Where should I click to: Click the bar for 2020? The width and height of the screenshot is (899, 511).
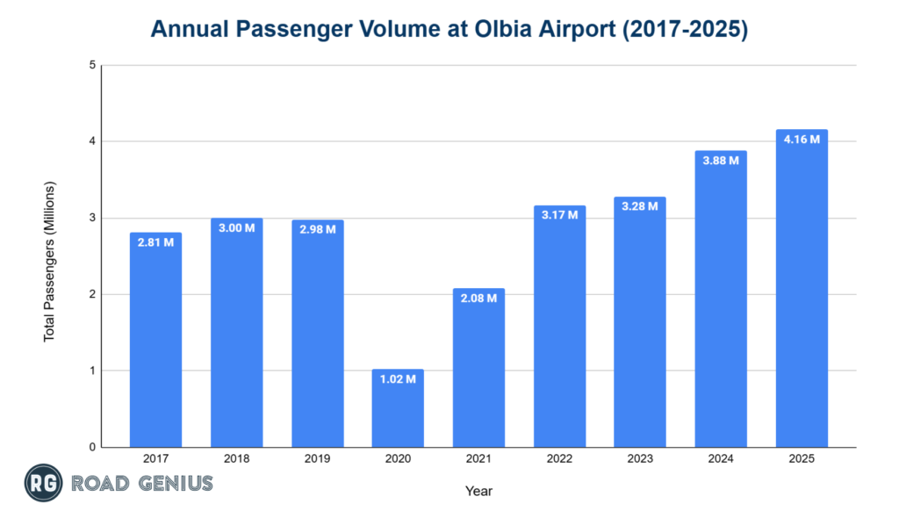point(398,408)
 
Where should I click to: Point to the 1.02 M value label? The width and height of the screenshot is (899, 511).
point(398,379)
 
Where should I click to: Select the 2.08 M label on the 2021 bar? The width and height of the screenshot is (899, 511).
point(478,299)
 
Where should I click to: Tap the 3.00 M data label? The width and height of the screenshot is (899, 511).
point(236,227)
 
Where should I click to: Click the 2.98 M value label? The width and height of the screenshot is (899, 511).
point(317,229)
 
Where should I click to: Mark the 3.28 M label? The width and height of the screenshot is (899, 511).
point(640,206)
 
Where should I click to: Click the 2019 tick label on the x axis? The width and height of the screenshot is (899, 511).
point(317,459)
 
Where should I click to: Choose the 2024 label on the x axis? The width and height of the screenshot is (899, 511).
point(721,459)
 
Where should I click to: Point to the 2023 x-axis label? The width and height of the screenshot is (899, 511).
point(640,459)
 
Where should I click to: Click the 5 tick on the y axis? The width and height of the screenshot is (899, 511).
point(92,65)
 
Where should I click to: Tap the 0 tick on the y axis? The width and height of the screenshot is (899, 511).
point(92,447)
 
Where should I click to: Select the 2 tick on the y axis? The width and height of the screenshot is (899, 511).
point(92,294)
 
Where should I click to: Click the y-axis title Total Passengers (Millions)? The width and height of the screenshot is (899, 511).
point(50,261)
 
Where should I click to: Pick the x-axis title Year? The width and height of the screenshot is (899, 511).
point(478,491)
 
